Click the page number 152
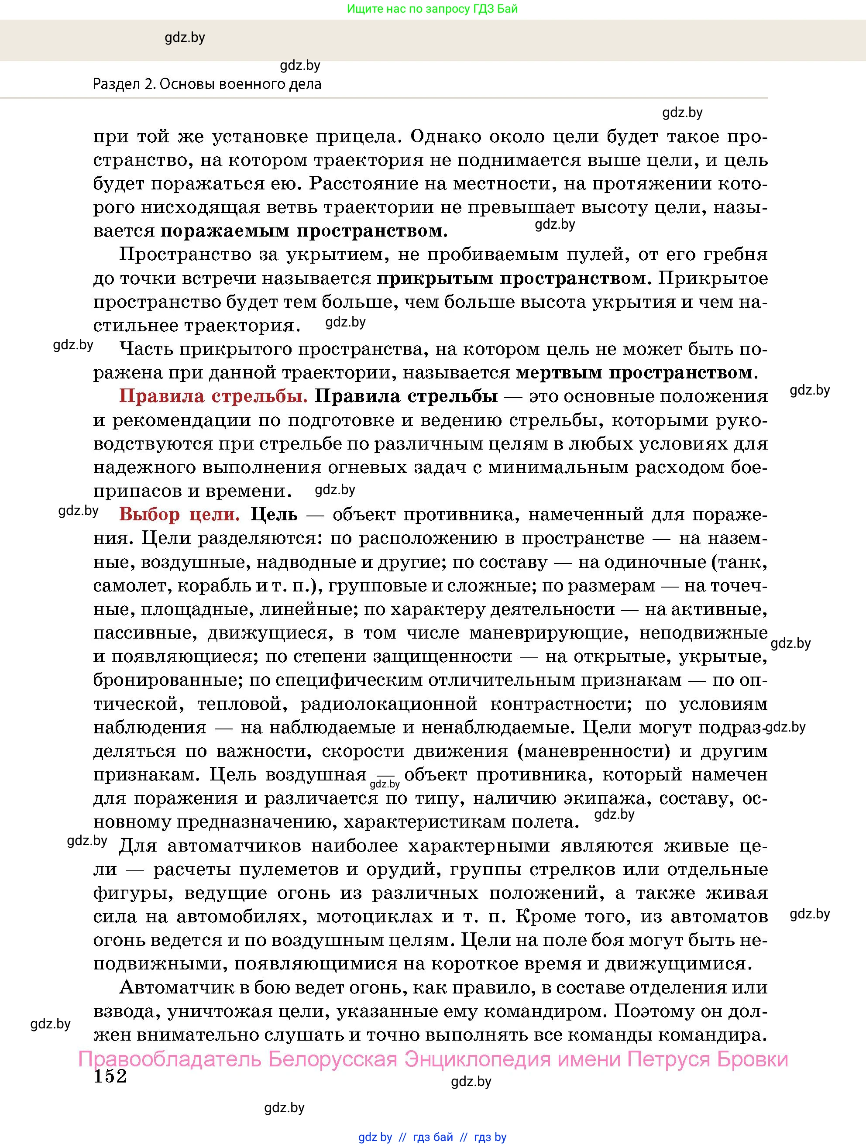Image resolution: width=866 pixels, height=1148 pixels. tap(110, 1076)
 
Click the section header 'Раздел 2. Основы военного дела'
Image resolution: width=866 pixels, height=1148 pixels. tap(207, 84)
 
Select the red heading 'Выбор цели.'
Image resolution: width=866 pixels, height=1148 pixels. tap(179, 514)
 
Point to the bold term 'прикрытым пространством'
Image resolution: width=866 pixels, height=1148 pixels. tap(512, 278)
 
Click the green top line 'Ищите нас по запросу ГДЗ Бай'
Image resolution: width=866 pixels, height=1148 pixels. tap(432, 9)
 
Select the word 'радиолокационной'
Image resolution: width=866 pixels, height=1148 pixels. tap(388, 704)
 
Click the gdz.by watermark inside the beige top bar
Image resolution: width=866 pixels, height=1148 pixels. tap(185, 38)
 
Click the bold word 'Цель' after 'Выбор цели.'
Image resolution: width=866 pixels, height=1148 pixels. tap(274, 514)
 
